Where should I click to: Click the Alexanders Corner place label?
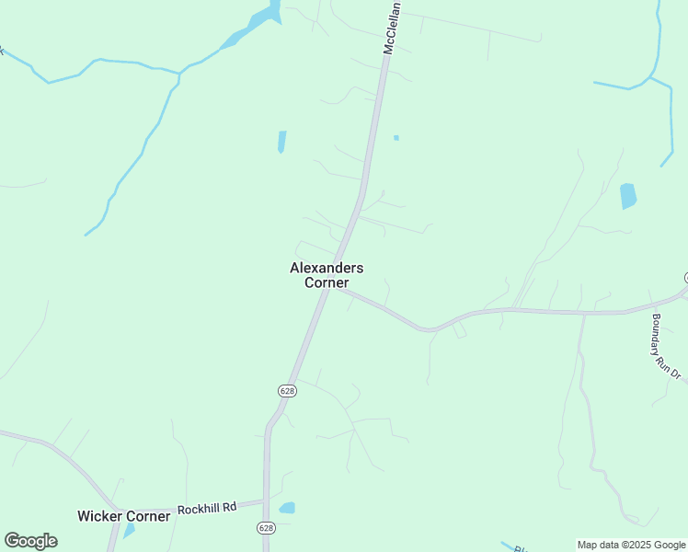[327, 275]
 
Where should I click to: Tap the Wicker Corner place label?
[124, 516]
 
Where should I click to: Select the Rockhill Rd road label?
[207, 507]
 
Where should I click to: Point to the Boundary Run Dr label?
[665, 348]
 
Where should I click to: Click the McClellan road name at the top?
[391, 28]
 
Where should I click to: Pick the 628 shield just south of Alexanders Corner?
[287, 390]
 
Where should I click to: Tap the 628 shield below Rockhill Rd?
[266, 528]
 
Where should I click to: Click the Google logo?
[30, 541]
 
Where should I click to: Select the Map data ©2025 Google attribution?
[631, 545]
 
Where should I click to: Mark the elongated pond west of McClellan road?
[281, 142]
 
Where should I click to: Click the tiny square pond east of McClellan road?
[396, 138]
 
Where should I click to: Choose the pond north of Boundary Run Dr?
[628, 196]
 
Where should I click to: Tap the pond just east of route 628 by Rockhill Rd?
[287, 508]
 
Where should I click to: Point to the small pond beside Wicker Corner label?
[129, 531]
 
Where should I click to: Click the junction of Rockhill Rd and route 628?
[266, 501]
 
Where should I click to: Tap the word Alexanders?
[327, 268]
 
